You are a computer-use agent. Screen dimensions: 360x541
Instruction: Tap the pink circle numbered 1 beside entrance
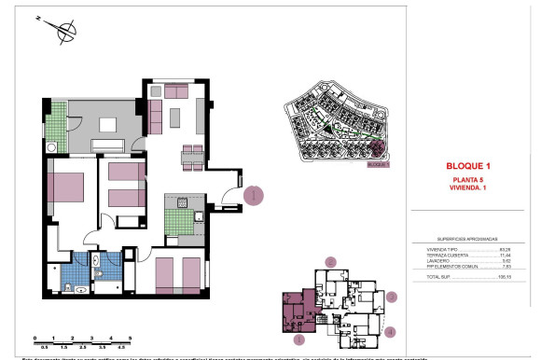coord(257,197)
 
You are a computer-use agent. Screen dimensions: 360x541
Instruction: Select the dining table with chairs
coord(192,155)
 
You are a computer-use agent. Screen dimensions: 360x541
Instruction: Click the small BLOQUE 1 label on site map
coord(377,164)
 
